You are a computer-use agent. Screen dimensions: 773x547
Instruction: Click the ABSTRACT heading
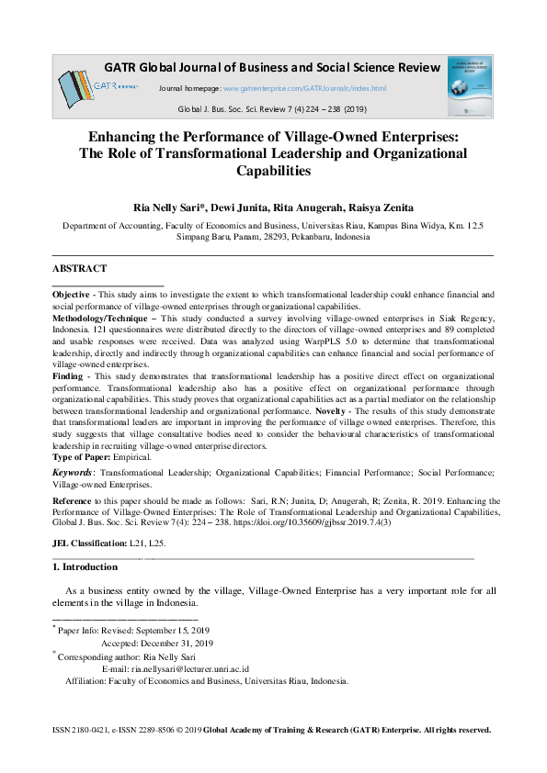pyautogui.click(x=79, y=269)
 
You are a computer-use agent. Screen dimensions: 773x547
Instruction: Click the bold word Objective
pyautogui.click(x=71, y=295)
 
